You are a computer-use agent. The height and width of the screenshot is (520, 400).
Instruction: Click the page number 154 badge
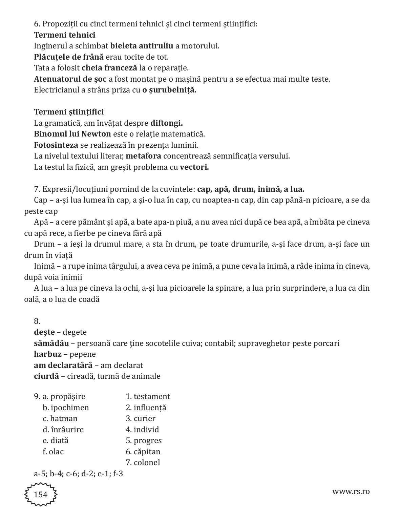click(x=41, y=494)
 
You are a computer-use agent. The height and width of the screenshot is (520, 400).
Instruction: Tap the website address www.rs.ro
click(x=351, y=491)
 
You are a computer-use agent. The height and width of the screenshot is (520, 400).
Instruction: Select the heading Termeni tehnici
click(x=65, y=35)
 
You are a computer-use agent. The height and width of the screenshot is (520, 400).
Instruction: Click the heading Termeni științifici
click(x=69, y=112)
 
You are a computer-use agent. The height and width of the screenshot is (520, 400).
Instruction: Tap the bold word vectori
click(x=194, y=167)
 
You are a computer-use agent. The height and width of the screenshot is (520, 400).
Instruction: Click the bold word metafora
click(x=143, y=156)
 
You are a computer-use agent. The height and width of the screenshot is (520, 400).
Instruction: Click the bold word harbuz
click(x=48, y=354)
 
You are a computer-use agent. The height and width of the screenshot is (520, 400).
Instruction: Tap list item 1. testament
click(x=148, y=396)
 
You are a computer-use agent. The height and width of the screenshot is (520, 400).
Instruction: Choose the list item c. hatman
click(x=60, y=418)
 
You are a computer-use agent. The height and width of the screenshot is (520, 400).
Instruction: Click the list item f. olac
click(x=53, y=452)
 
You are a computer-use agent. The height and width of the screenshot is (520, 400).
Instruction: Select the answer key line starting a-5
click(x=78, y=474)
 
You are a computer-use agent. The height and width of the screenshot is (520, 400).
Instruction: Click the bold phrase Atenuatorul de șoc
click(x=70, y=79)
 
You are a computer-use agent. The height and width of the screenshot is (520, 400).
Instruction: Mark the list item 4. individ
click(x=142, y=430)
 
